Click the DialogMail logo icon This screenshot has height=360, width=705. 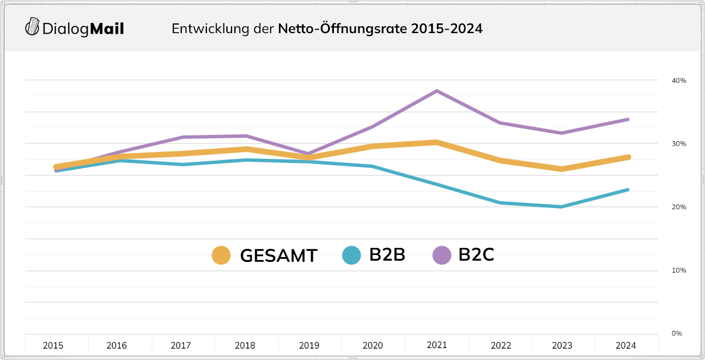coord(33,27)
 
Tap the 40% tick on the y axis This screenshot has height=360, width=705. coord(679,81)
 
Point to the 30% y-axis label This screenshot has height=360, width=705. coord(679,144)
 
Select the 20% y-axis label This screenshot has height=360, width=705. coord(679,207)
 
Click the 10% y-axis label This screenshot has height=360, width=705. coord(679,270)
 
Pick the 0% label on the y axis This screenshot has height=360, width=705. coord(676,334)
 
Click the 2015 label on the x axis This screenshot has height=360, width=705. coord(53,346)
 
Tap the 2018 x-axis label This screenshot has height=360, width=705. coord(245,346)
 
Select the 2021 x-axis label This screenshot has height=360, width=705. coord(437,345)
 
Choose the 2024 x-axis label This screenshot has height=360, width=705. coord(626,346)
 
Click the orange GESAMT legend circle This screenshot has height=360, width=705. coord(221,255)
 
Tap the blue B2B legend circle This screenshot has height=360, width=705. coord(351,255)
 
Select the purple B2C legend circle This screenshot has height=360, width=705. coord(441,255)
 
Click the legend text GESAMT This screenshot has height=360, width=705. coord(278,255)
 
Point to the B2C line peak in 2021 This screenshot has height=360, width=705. coord(437,91)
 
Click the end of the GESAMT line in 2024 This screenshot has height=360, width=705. coord(628,157)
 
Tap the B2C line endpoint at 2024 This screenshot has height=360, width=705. coord(628,119)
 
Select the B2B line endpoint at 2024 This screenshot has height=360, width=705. coord(628,190)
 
